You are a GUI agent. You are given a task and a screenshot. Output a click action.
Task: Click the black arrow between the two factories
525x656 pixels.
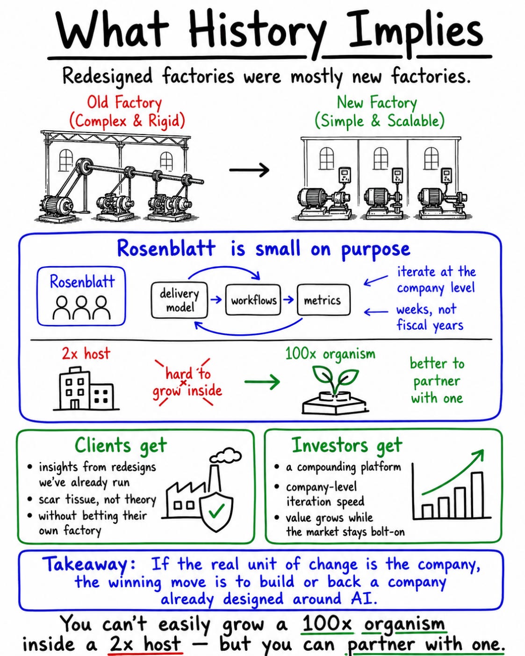tap(249, 170)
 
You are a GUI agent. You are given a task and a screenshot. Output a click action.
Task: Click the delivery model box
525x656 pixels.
tap(180, 300)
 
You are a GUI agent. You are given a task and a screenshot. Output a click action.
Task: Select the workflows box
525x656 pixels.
tap(253, 300)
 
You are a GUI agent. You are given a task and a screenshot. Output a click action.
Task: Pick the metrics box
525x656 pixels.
tap(324, 300)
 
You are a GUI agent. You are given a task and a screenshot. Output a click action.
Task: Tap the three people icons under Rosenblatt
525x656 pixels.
tap(81, 308)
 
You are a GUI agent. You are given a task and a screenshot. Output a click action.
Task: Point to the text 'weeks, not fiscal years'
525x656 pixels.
tap(430, 317)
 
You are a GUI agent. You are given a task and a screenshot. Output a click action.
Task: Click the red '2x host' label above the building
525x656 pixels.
tap(86, 353)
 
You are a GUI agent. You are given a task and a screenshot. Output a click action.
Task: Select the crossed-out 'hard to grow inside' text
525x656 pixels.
tap(187, 382)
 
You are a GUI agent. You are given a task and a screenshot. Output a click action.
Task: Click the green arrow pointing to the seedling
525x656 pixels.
tap(262, 381)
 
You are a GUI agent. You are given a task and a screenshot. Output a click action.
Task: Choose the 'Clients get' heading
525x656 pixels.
tap(121, 446)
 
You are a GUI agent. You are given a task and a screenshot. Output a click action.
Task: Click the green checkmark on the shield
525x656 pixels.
tap(217, 510)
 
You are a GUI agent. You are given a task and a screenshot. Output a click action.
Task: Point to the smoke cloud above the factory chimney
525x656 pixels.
tap(226, 456)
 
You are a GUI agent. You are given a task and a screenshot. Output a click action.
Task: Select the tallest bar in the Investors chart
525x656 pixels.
tap(477, 495)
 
